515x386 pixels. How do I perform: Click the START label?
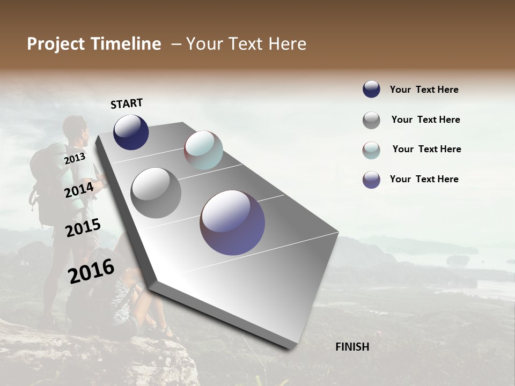pyautogui.click(x=127, y=103)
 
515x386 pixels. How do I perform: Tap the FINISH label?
pyautogui.click(x=352, y=347)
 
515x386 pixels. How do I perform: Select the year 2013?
pyautogui.click(x=75, y=159)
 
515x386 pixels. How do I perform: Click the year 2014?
pyautogui.click(x=79, y=190)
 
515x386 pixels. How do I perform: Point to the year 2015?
pyautogui.click(x=83, y=228)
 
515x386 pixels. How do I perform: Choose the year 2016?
pyautogui.click(x=91, y=271)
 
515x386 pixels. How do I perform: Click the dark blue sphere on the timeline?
pyautogui.click(x=131, y=132)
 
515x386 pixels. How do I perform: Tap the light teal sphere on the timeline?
pyautogui.click(x=203, y=150)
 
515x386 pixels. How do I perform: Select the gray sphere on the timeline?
pyautogui.click(x=156, y=192)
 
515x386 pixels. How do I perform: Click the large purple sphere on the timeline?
pyautogui.click(x=232, y=222)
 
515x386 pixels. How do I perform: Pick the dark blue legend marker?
pyautogui.click(x=371, y=90)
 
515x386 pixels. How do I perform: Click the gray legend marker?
pyautogui.click(x=371, y=120)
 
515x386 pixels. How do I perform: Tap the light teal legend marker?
pyautogui.click(x=371, y=150)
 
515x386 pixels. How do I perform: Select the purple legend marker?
pyautogui.click(x=371, y=180)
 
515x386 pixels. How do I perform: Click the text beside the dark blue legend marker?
pyautogui.click(x=424, y=90)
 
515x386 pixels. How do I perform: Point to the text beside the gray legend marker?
pyautogui.click(x=425, y=120)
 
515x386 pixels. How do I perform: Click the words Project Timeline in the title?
pyautogui.click(x=94, y=44)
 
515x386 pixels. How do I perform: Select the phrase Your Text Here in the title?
pyautogui.click(x=246, y=44)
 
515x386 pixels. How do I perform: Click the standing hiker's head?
pyautogui.click(x=74, y=128)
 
